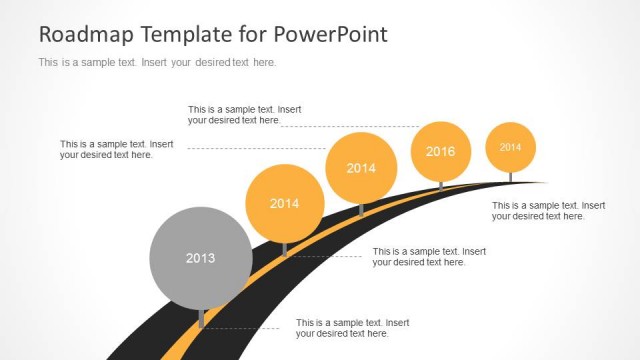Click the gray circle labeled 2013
(x=200, y=258)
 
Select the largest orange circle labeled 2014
(x=285, y=203)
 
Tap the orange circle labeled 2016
(x=441, y=152)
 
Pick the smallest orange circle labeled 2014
(x=511, y=147)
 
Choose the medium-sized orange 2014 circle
(x=361, y=168)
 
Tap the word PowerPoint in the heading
(x=335, y=35)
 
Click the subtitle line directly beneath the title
(x=156, y=62)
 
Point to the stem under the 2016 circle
(x=441, y=186)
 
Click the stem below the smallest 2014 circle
(x=511, y=177)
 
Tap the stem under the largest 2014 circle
(x=285, y=249)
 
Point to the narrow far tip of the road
(x=540, y=183)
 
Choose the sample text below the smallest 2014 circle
(x=548, y=210)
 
